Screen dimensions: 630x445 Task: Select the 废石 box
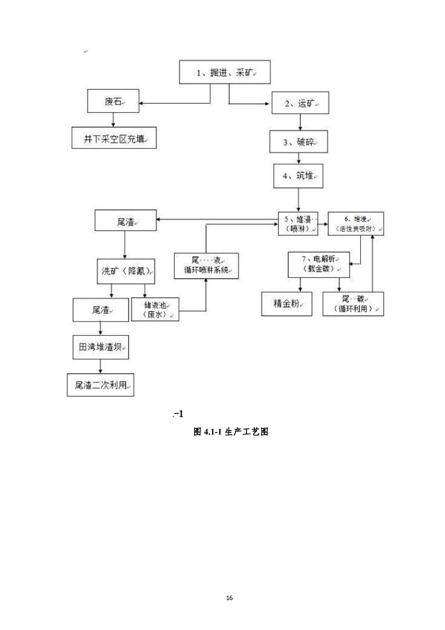pos(114,102)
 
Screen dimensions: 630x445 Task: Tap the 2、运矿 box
pos(300,103)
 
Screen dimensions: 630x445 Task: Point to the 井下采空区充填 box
pos(114,138)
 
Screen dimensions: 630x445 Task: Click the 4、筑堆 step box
pos(299,176)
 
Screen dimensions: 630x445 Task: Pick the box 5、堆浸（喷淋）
pos(298,223)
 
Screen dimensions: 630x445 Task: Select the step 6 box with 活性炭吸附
pos(356,223)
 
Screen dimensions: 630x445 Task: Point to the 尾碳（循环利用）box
pos(353,304)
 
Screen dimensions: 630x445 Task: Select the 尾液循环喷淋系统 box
pos(207,265)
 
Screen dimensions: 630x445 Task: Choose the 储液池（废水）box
pos(154,309)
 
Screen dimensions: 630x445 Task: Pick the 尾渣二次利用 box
pos(100,385)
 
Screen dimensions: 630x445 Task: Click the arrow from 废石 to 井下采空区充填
pos(114,120)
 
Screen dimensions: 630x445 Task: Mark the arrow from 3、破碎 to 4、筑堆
pos(300,158)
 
